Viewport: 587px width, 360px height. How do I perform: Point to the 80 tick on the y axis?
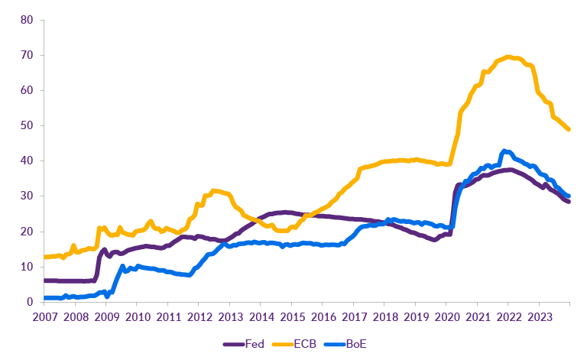27,20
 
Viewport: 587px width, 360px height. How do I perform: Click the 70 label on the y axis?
27,55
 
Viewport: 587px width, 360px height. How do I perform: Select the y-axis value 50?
27,125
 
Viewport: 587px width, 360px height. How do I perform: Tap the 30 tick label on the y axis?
27,196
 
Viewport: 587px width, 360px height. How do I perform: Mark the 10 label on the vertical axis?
27,267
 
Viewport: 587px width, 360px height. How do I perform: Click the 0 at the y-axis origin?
30,302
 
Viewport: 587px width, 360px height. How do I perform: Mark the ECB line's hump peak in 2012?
215,190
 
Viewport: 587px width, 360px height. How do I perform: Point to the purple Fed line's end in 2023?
568,201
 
